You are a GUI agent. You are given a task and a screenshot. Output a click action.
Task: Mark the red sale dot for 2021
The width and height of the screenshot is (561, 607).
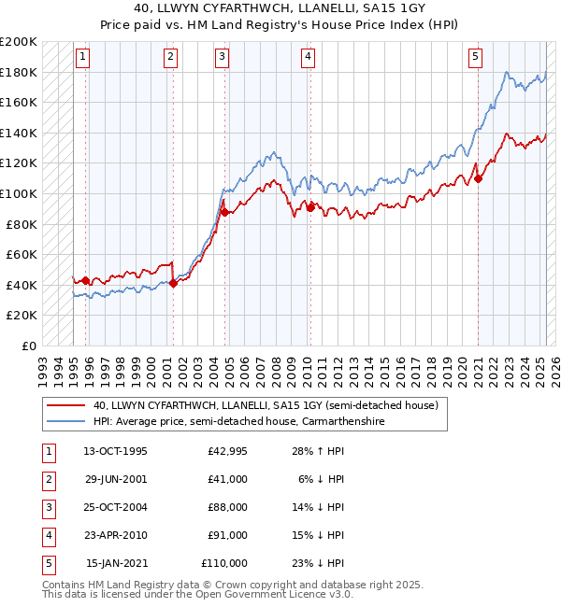[x=478, y=178]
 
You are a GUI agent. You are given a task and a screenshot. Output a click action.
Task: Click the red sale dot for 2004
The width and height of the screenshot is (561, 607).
[x=224, y=212]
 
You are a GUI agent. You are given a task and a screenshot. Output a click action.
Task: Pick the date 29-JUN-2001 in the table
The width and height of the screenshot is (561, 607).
[x=115, y=479]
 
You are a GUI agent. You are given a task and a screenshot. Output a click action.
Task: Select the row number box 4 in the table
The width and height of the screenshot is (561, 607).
[x=48, y=535]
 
